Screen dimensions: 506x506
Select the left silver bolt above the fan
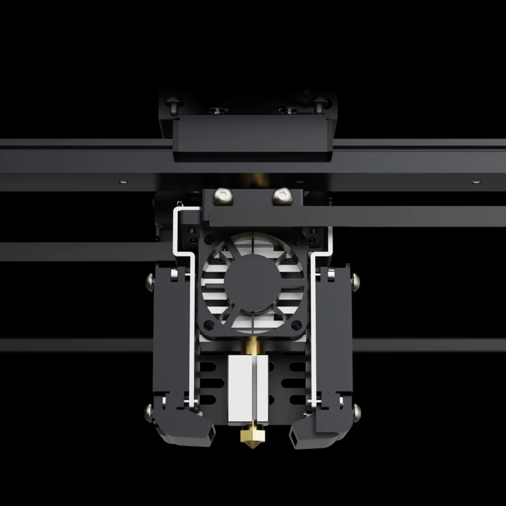224,197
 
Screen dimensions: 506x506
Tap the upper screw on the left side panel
148,279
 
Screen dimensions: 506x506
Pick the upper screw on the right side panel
356,279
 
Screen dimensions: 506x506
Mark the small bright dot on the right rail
475,182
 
